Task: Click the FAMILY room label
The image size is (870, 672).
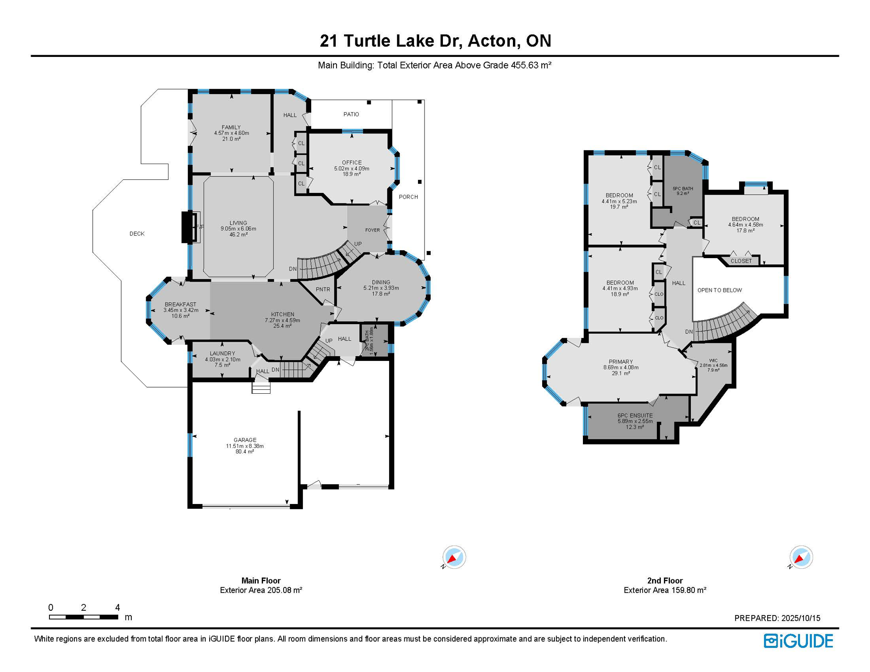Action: pyautogui.click(x=231, y=127)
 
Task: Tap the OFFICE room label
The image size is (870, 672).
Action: pyautogui.click(x=352, y=162)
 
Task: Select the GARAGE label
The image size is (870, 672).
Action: pyautogui.click(x=245, y=440)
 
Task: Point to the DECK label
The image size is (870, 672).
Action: pyautogui.click(x=137, y=234)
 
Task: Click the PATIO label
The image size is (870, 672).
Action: pyautogui.click(x=351, y=114)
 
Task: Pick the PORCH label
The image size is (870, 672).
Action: pyautogui.click(x=408, y=197)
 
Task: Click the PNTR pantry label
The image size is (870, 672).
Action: pyautogui.click(x=323, y=289)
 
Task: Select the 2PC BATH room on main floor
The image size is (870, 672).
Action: pyautogui.click(x=375, y=340)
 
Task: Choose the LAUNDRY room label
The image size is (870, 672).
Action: pyautogui.click(x=222, y=353)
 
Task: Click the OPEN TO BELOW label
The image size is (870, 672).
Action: pyautogui.click(x=719, y=290)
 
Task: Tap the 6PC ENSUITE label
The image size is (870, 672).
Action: pyautogui.click(x=635, y=416)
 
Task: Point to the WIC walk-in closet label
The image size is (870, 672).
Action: pyautogui.click(x=713, y=360)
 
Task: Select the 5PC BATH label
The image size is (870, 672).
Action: pyautogui.click(x=683, y=189)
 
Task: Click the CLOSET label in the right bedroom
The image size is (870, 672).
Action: pyautogui.click(x=741, y=261)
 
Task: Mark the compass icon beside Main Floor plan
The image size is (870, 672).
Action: pyautogui.click(x=454, y=557)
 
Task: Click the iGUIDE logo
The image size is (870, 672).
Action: pyautogui.click(x=798, y=641)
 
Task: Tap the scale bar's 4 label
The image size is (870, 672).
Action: pyautogui.click(x=117, y=607)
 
